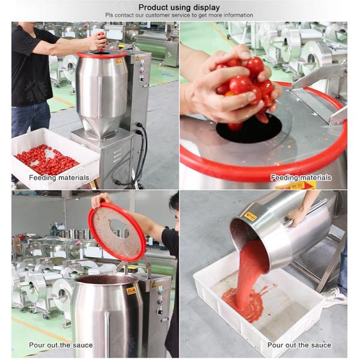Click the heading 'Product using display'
[x=179, y=7]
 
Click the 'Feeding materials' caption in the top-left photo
[x=59, y=178]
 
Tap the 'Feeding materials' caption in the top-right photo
[x=301, y=178]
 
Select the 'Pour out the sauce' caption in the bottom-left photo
[x=61, y=345]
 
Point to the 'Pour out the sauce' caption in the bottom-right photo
[x=299, y=345]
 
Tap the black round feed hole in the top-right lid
[x=249, y=130]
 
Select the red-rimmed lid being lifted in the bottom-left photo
[x=117, y=232]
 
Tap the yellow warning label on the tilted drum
[x=250, y=216]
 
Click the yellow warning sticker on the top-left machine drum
[x=119, y=62]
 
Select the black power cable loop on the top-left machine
[x=138, y=156]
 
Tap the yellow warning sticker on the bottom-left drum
[x=131, y=291]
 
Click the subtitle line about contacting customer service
[x=179, y=15]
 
